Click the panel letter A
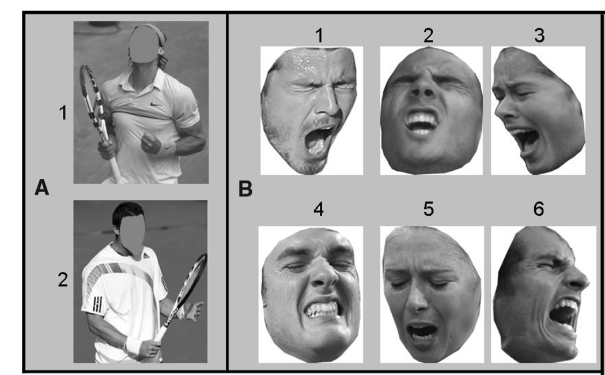point(41,189)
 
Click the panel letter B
point(245,189)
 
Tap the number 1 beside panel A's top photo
point(63,113)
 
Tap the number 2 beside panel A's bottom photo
point(63,280)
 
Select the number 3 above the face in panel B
point(539,36)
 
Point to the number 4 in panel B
point(318,209)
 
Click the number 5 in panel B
point(428,209)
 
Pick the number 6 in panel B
point(539,209)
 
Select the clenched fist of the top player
point(150,144)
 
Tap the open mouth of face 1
point(319,140)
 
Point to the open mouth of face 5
point(421,331)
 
